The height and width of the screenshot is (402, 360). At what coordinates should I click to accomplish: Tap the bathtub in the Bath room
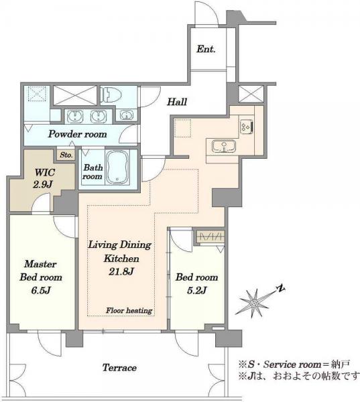pyautogui.click(x=118, y=167)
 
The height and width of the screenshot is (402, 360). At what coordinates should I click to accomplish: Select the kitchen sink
pyautogui.click(x=224, y=146)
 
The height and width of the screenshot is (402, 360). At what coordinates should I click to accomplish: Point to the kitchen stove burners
pyautogui.click(x=247, y=126)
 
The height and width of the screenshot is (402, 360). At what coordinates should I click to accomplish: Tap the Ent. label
pyautogui.click(x=206, y=49)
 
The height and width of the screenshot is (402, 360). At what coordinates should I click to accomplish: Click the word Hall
pyautogui.click(x=177, y=102)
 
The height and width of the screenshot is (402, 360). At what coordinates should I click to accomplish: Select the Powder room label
pyautogui.click(x=78, y=134)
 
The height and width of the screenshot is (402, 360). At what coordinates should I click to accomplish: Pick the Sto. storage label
pyautogui.click(x=66, y=155)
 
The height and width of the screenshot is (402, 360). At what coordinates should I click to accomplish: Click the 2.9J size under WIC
pyautogui.click(x=43, y=185)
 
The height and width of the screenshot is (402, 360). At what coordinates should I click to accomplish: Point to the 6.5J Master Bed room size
pyautogui.click(x=40, y=290)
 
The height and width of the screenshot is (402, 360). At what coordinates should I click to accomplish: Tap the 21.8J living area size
pyautogui.click(x=121, y=271)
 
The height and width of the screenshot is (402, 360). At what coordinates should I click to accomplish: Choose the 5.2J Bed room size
pyautogui.click(x=197, y=290)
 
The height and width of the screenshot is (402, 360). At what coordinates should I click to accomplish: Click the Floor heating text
pyautogui.click(x=129, y=310)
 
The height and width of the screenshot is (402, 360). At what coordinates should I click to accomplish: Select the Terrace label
pyautogui.click(x=119, y=368)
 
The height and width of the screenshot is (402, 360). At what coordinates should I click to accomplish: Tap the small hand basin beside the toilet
pyautogui.click(x=126, y=115)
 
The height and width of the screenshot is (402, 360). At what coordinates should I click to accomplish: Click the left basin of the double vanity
pyautogui.click(x=75, y=117)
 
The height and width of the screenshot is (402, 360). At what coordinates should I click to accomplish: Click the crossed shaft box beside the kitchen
pyautogui.click(x=251, y=94)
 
